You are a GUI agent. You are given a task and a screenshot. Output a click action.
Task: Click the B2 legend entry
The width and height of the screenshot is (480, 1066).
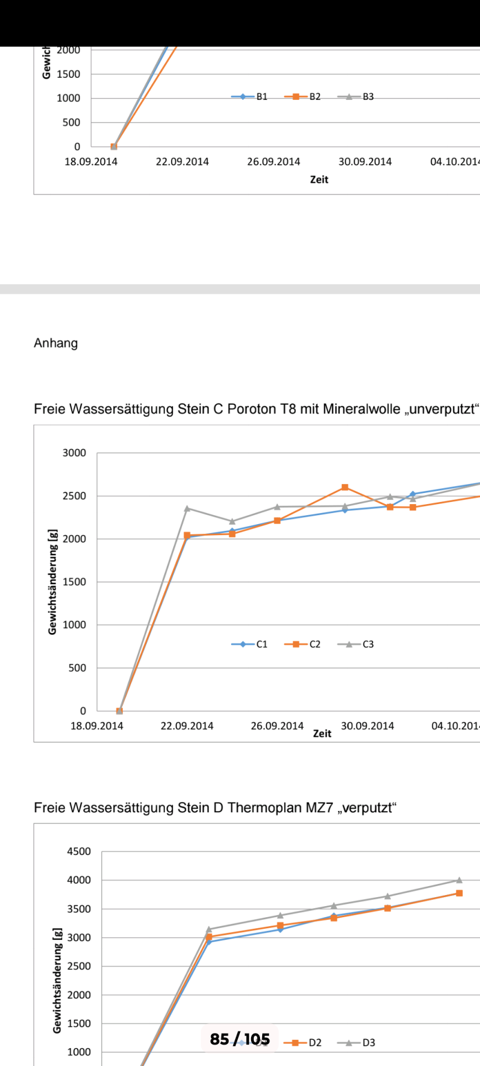[x=303, y=97]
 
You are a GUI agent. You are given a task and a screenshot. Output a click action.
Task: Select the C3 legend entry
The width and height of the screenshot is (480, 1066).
[x=357, y=644]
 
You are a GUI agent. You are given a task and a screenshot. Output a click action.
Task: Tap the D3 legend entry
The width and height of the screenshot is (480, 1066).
[x=357, y=1043]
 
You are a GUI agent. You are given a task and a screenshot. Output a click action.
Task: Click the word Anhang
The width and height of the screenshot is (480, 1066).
[x=56, y=343]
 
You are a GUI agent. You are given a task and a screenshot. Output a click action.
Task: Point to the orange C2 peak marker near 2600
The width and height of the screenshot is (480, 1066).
[x=345, y=487]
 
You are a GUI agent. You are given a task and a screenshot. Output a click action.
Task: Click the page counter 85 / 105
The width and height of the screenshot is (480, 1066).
[x=240, y=1039]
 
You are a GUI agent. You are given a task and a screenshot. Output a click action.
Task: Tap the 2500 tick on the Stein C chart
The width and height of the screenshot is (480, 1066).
[x=74, y=496]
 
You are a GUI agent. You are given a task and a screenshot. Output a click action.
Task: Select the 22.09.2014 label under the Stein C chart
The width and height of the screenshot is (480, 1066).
[x=187, y=726]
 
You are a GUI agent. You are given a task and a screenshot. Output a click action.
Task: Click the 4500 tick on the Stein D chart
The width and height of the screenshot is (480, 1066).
[x=79, y=852]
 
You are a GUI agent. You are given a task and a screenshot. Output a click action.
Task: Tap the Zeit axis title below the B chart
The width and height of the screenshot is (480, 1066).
[x=319, y=179]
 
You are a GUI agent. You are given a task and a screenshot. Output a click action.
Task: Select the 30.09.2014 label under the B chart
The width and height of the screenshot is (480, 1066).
[x=365, y=162]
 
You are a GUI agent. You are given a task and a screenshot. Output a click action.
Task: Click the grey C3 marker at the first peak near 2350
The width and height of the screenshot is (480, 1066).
[x=187, y=508]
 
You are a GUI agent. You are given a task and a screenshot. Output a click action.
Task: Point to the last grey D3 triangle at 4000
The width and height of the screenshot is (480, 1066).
[x=459, y=880]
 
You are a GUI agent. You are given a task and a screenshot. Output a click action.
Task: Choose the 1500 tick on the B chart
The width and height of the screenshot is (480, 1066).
[x=68, y=74]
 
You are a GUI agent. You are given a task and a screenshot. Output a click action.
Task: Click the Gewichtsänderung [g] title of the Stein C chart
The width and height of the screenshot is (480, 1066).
[x=53, y=581]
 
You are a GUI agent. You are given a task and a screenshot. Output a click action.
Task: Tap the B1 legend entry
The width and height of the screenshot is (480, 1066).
[x=250, y=97]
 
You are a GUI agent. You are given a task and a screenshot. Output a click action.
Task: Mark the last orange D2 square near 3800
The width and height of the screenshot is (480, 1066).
[x=459, y=893]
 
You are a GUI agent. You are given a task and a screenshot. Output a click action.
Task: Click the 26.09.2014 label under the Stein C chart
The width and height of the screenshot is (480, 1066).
[x=277, y=726]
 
